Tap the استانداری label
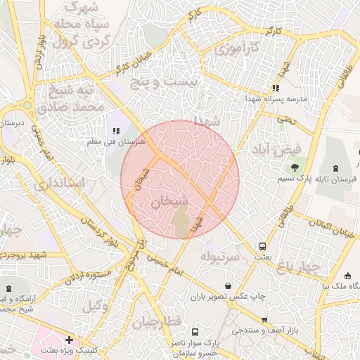pyautogui.click(x=59, y=184)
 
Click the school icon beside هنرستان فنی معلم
pyautogui.click(x=117, y=131)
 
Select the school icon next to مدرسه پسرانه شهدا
pyautogui.click(x=276, y=89)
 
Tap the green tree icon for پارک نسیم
pyautogui.click(x=294, y=168)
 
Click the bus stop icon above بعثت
pyautogui.click(x=262, y=247)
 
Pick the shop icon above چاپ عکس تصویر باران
pyautogui.click(x=229, y=285)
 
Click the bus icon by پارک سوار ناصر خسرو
pyautogui.click(x=194, y=332)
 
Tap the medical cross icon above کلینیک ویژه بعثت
pyautogui.click(x=69, y=340)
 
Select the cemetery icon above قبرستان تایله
pyautogui.click(x=333, y=168)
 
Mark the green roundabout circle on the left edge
pyautogui.click(x=27, y=105)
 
